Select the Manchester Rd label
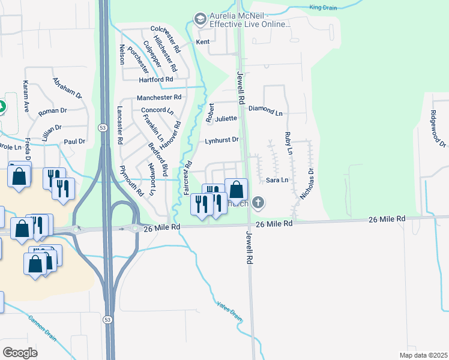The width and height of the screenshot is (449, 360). point(159,97)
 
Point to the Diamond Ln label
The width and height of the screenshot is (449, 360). point(265,112)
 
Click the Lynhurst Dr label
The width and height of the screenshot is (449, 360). point(222,140)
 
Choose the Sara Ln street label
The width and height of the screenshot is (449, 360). point(277,180)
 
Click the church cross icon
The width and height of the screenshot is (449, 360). point(258,203)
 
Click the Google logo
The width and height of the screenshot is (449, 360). point(20,353)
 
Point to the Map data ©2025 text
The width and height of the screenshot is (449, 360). point(423,355)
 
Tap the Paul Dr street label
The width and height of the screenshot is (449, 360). point(74,142)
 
